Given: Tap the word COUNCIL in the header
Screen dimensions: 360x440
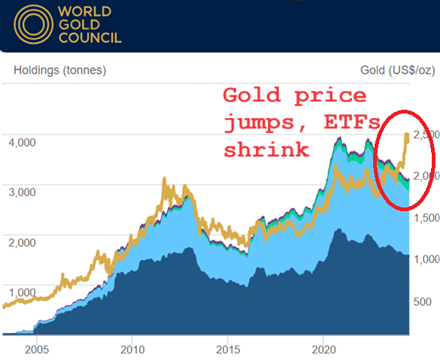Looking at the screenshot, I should pyautogui.click(x=89, y=38).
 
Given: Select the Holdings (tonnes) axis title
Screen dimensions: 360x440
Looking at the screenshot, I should pyautogui.click(x=59, y=71).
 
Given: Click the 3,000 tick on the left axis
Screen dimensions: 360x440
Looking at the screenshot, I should pyautogui.click(x=22, y=192).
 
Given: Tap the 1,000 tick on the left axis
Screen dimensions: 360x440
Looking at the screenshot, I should pyautogui.click(x=22, y=292).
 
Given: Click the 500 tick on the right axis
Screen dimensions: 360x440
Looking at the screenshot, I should pyautogui.click(x=423, y=301).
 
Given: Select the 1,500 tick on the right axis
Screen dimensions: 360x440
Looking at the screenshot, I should pyautogui.click(x=423, y=218).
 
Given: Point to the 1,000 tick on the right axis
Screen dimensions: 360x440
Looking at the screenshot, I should pyautogui.click(x=423, y=259).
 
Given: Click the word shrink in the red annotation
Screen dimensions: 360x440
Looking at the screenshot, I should pyautogui.click(x=266, y=149).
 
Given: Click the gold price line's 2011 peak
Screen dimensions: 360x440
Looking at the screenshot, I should pyautogui.click(x=165, y=180).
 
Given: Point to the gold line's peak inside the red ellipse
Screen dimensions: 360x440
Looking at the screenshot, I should pyautogui.click(x=407, y=135).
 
